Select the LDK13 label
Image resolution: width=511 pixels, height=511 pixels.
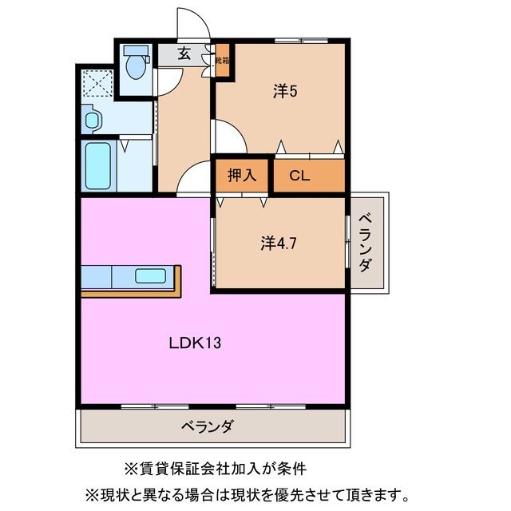(x=194, y=344)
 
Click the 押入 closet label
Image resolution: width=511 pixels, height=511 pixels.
(x=243, y=176)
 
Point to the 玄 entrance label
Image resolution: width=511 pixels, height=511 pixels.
(x=184, y=54)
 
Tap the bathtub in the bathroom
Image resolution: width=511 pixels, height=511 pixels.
(x=98, y=165)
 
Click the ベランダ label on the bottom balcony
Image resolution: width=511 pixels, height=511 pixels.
(x=207, y=427)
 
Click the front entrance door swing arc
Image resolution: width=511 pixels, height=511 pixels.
(x=193, y=24)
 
